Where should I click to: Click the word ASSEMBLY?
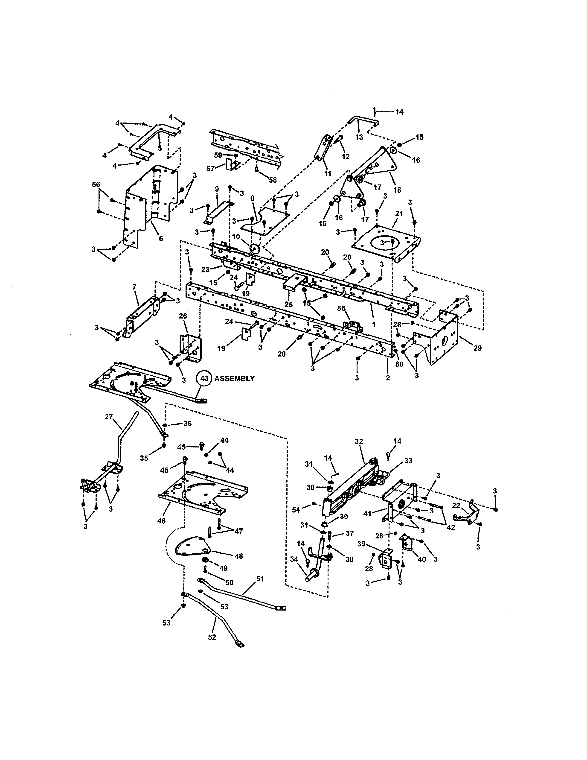235,379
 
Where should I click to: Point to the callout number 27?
109,417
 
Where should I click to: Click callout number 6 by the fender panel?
161,239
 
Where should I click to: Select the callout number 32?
359,441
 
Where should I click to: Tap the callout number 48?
238,556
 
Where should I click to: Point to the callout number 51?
260,579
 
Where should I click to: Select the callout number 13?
359,137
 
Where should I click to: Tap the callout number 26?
183,316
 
